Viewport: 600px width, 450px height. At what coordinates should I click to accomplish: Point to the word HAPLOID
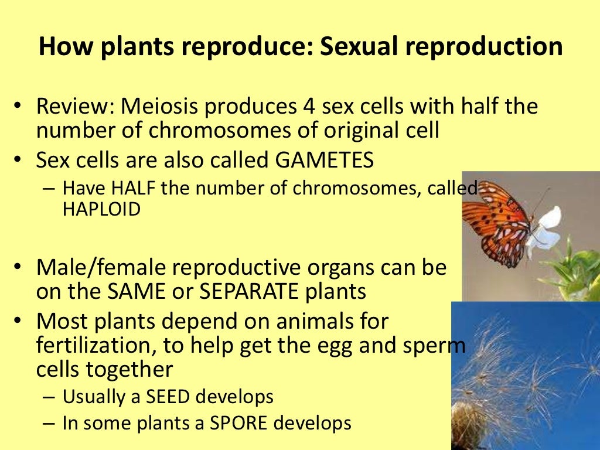click(101, 209)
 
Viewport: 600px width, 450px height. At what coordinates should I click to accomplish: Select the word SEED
click(162, 397)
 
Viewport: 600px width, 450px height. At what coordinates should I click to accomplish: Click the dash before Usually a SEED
click(50, 397)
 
